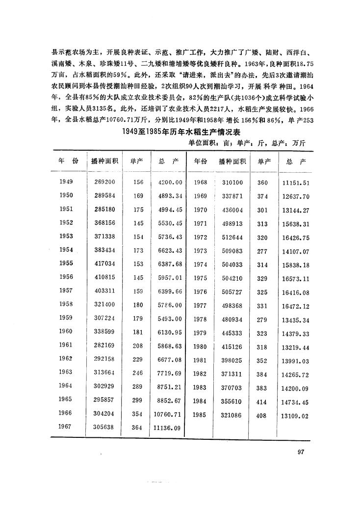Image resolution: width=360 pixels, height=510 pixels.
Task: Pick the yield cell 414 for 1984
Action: [262, 402]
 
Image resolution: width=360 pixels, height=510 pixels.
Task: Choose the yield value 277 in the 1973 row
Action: [262, 251]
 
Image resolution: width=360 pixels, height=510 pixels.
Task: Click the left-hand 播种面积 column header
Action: [104, 161]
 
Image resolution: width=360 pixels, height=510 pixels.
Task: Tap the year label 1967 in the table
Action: [66, 427]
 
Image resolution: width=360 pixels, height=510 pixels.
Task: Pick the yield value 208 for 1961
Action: [138, 345]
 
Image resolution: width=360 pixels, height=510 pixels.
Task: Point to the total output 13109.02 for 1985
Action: [296, 415]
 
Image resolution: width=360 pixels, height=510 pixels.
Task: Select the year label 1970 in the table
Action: [200, 210]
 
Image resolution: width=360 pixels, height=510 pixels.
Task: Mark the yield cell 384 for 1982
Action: [262, 388]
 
